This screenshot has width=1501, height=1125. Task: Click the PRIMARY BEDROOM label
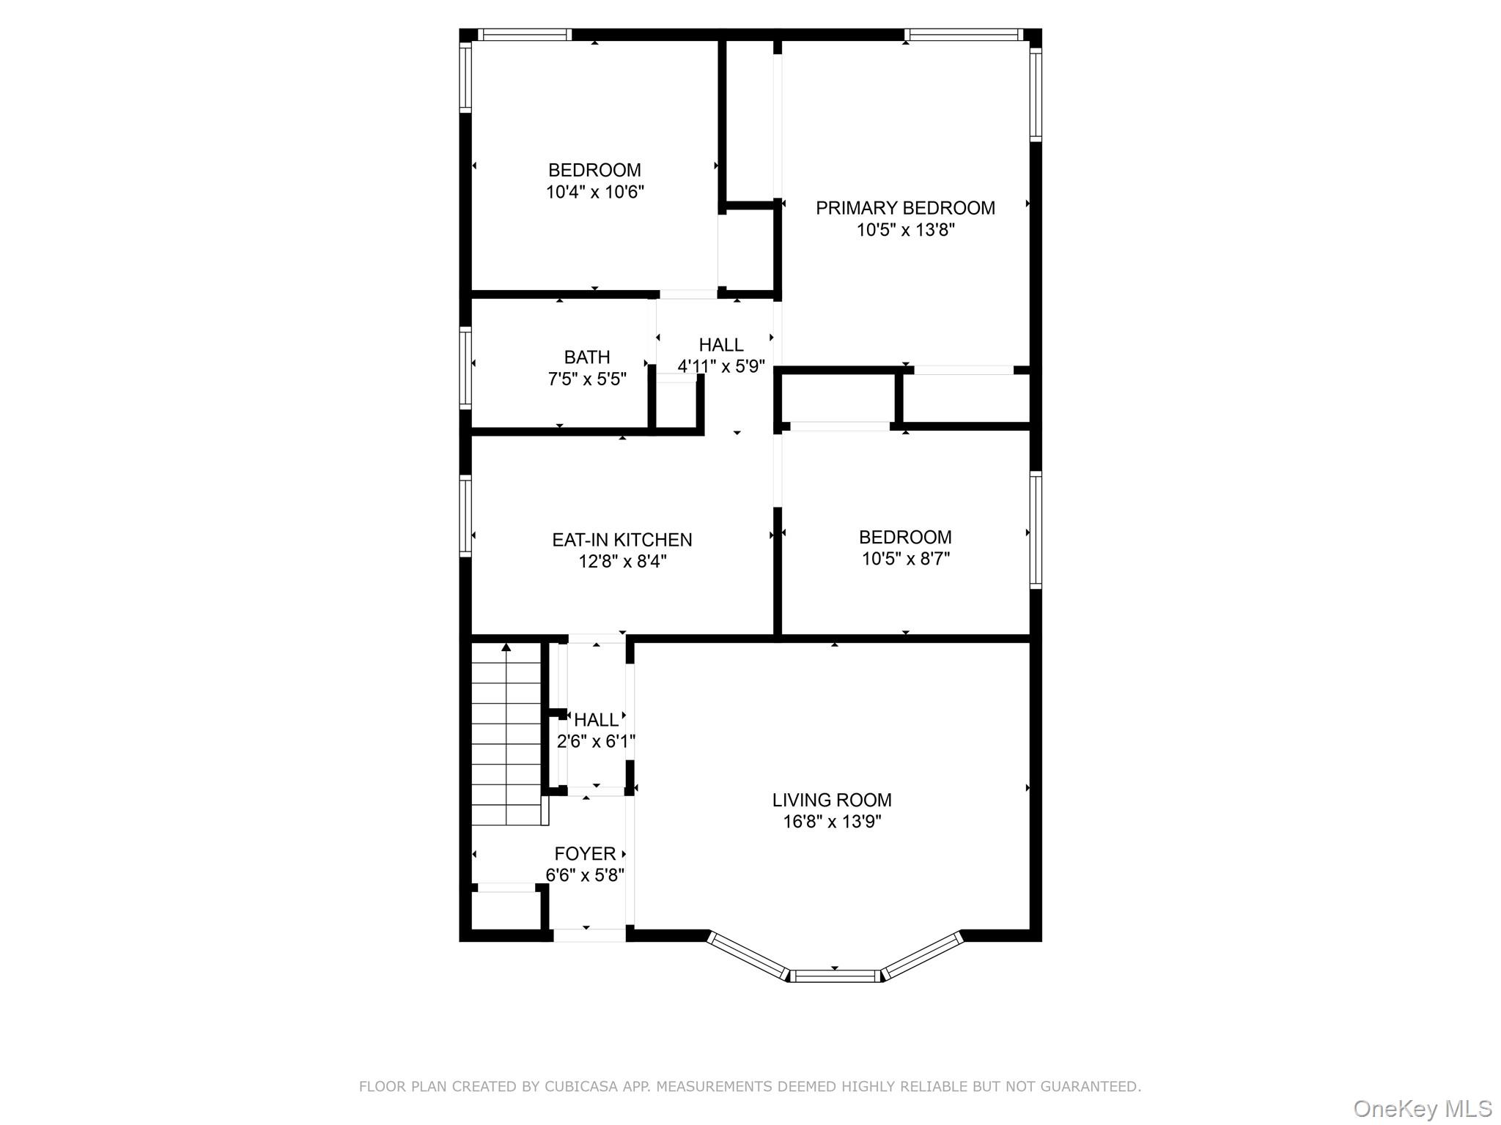905,208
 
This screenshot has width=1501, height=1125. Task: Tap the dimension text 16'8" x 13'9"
832,822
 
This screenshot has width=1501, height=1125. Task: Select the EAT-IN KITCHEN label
622,540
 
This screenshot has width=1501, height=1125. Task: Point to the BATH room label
587,357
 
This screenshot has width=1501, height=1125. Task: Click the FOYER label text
585,854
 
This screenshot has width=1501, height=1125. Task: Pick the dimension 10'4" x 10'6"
594,193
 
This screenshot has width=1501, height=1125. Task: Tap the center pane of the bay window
836,976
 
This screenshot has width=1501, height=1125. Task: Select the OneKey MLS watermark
1422,1109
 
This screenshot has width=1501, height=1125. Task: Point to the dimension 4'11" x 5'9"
721,367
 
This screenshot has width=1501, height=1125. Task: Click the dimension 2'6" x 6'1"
596,742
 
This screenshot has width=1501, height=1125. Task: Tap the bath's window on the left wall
465,367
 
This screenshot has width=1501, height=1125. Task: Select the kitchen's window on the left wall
465,516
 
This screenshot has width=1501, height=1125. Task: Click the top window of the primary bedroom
963,34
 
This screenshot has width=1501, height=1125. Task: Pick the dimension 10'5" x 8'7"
906,560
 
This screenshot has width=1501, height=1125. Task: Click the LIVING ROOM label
832,800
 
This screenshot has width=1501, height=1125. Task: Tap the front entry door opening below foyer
589,935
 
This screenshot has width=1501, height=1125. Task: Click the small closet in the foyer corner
506,910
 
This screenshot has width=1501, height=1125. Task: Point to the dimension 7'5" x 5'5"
587,379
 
